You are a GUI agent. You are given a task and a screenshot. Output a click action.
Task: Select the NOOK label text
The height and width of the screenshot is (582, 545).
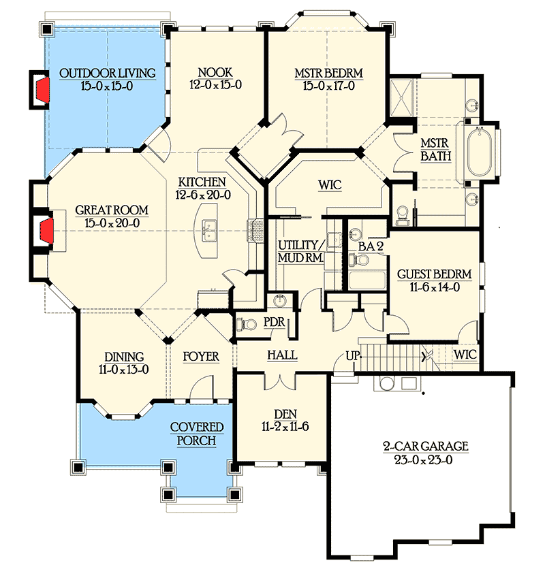(x=216, y=73)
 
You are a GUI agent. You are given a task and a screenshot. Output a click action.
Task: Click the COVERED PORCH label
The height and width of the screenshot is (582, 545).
(x=197, y=434)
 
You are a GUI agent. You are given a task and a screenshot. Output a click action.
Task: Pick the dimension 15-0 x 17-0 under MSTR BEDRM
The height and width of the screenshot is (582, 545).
(x=328, y=86)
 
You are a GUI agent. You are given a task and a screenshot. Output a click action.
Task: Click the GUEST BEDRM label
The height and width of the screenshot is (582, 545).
(x=433, y=274)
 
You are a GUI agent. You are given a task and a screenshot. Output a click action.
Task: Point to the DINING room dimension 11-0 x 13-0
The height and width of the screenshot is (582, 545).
(x=124, y=370)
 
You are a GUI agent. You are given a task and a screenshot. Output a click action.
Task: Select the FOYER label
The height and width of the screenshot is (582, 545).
(x=201, y=357)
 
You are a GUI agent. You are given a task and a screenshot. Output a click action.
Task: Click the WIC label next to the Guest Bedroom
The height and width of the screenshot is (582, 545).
(x=466, y=355)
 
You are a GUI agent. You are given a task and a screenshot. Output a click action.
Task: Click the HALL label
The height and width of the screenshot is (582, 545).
(x=281, y=355)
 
